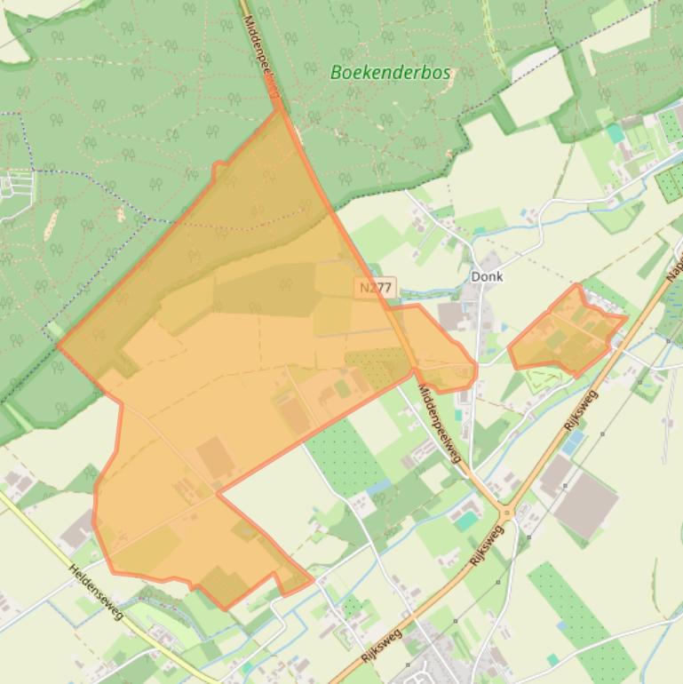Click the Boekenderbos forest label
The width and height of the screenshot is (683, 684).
(390, 73)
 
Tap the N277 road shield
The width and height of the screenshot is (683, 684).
(376, 288)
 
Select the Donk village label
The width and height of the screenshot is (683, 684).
(487, 276)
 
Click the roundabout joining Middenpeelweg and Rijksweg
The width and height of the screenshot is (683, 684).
(507, 513)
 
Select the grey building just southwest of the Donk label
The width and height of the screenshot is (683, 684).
(452, 315)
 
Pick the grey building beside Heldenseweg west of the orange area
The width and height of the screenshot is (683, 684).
(78, 529)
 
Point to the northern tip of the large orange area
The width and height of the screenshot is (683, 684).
(282, 111)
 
